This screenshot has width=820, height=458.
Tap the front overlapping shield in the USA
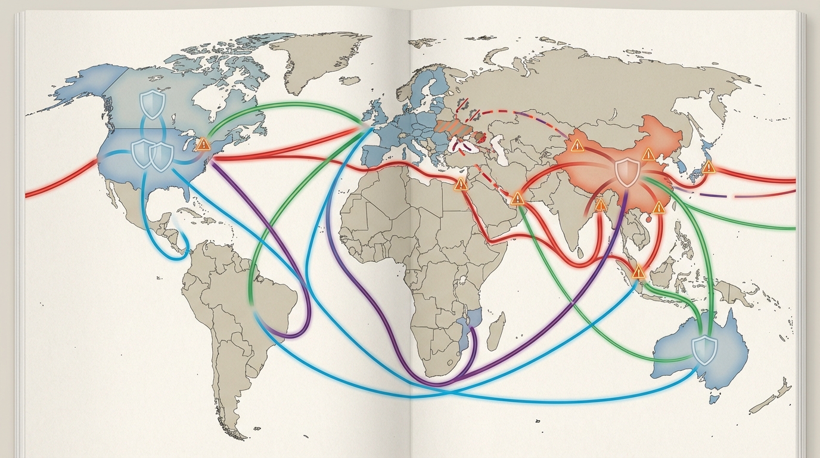pyautogui.click(x=161, y=156)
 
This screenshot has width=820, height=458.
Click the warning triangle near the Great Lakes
pyautogui.click(x=203, y=144)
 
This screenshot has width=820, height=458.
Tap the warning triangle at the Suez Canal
pyautogui.click(x=461, y=184)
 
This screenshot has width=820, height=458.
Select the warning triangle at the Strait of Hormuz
pyautogui.click(x=517, y=198)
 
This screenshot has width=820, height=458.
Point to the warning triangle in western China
pyautogui.click(x=576, y=146)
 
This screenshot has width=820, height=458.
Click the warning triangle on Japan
pyautogui.click(x=709, y=167)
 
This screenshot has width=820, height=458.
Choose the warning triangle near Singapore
pyautogui.click(x=638, y=273)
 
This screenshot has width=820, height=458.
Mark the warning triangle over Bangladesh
pyautogui.click(x=601, y=206)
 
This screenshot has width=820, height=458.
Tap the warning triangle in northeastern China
pyautogui.click(x=648, y=155)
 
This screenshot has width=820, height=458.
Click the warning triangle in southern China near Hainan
pyautogui.click(x=658, y=208)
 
